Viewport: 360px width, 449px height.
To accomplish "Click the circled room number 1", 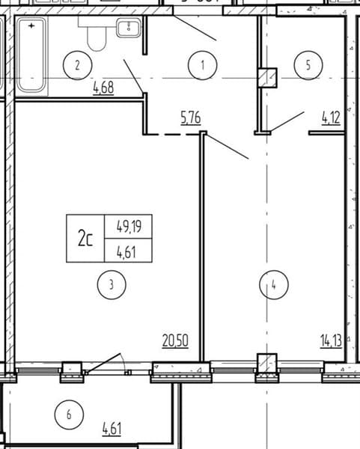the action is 203,65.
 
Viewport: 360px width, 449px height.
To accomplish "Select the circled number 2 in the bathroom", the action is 77,65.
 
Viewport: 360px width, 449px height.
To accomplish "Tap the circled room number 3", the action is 112,285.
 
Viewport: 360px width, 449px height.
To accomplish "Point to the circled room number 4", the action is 274,285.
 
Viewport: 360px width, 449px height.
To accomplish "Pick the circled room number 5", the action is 308,65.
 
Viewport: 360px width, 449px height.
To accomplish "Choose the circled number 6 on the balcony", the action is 69,415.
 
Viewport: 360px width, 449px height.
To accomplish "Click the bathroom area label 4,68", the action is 103,88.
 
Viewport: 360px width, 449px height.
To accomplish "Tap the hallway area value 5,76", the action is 191,118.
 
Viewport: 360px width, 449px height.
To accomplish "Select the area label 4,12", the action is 331,117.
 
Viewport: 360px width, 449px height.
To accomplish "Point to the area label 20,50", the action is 175,341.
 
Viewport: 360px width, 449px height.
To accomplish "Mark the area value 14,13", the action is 331,341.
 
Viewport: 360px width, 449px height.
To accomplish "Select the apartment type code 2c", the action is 85,239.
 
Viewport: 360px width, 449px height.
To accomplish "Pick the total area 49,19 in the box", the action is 129,227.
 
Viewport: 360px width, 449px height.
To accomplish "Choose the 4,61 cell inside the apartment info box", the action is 126,252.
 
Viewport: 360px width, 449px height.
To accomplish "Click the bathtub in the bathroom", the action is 31,55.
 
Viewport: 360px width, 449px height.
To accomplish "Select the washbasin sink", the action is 129,27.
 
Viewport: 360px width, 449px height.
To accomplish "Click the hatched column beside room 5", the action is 267,78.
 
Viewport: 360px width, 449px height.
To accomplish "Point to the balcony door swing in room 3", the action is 105,363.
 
